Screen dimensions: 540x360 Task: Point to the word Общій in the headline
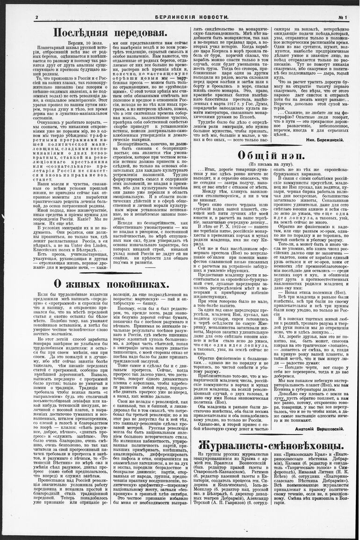(257, 156)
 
